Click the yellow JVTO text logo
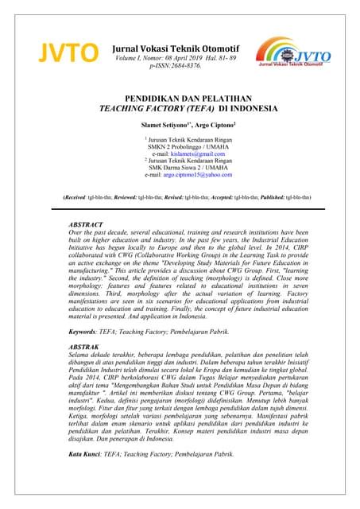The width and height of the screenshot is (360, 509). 60,53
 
